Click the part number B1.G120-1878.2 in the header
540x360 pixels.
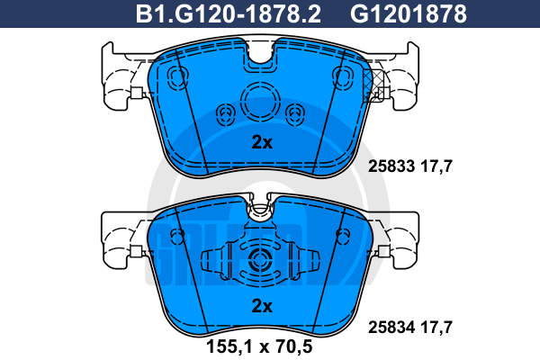tap(228, 14)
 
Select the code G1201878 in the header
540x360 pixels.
tap(408, 14)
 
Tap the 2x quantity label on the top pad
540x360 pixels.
tap(262, 142)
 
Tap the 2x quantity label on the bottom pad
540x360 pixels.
tap(262, 306)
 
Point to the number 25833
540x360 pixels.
tap(391, 166)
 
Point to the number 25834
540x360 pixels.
tap(391, 328)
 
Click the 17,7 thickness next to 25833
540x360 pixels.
tap(436, 166)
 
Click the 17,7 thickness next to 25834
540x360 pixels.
tap(436, 328)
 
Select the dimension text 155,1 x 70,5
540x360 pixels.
tap(259, 346)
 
